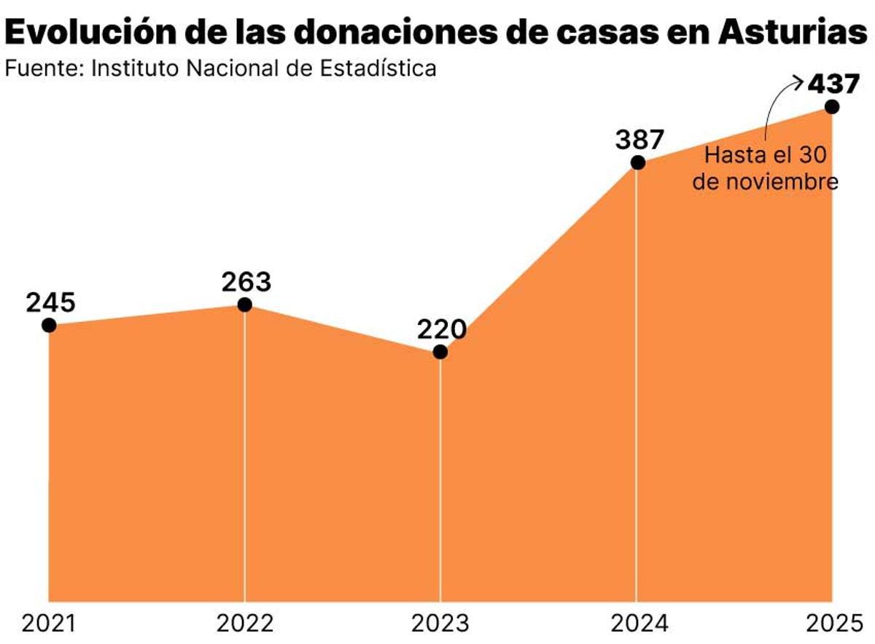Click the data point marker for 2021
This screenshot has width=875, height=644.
(x=49, y=325)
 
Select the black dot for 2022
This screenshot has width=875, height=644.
(x=245, y=305)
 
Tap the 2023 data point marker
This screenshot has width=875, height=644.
(x=440, y=352)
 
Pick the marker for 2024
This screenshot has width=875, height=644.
(x=637, y=162)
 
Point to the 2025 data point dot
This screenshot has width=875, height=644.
(x=832, y=106)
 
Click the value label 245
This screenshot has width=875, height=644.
(x=51, y=302)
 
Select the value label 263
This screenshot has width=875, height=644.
(x=246, y=282)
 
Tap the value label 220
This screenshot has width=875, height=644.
(x=442, y=330)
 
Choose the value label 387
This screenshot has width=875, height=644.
(x=639, y=139)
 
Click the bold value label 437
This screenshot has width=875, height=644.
(x=833, y=84)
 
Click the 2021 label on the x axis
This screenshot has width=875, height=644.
(x=49, y=624)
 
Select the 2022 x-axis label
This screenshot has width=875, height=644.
(x=245, y=624)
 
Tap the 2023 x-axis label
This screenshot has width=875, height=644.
(x=440, y=624)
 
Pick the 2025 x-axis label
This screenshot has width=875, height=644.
(x=831, y=624)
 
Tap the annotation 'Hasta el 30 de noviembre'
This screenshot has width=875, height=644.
(x=766, y=168)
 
